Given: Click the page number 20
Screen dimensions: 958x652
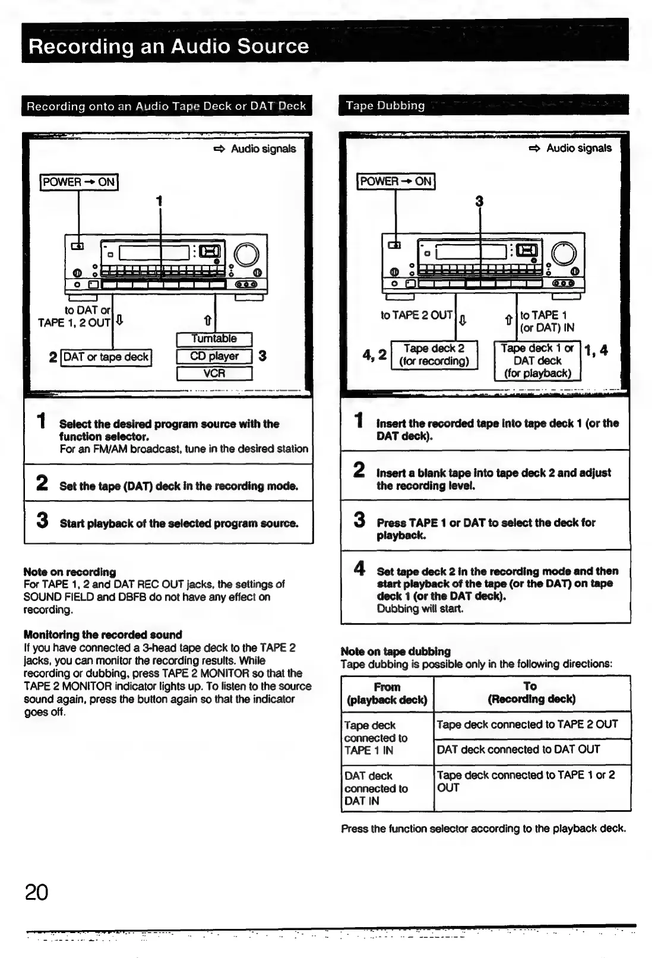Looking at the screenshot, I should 36,891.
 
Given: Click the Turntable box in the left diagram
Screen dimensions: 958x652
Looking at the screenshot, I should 214,339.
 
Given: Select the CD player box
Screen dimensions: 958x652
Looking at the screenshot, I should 214,356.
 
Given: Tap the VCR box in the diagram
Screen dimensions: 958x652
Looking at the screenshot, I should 214,374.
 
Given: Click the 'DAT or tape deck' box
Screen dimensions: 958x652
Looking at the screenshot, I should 106,357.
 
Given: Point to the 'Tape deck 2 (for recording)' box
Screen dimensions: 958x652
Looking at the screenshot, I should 434,355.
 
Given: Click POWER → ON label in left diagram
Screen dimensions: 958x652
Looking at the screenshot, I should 79,182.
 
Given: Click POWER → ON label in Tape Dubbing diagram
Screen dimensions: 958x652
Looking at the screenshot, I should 396,181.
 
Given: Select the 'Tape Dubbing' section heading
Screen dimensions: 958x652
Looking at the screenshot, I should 385,106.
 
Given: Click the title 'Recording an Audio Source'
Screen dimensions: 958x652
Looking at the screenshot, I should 169,46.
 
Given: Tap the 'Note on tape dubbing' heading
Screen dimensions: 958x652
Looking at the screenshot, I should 395,651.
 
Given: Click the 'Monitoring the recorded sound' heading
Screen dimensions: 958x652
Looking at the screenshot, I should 103,634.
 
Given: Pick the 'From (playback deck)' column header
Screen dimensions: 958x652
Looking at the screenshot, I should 387,693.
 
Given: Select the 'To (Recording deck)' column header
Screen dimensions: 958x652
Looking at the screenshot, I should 531,693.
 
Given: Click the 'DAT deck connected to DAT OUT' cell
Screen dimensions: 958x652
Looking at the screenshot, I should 518,750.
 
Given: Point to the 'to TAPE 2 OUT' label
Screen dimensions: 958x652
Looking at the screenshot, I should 416,315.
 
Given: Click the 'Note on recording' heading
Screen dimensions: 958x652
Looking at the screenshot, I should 69,572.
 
